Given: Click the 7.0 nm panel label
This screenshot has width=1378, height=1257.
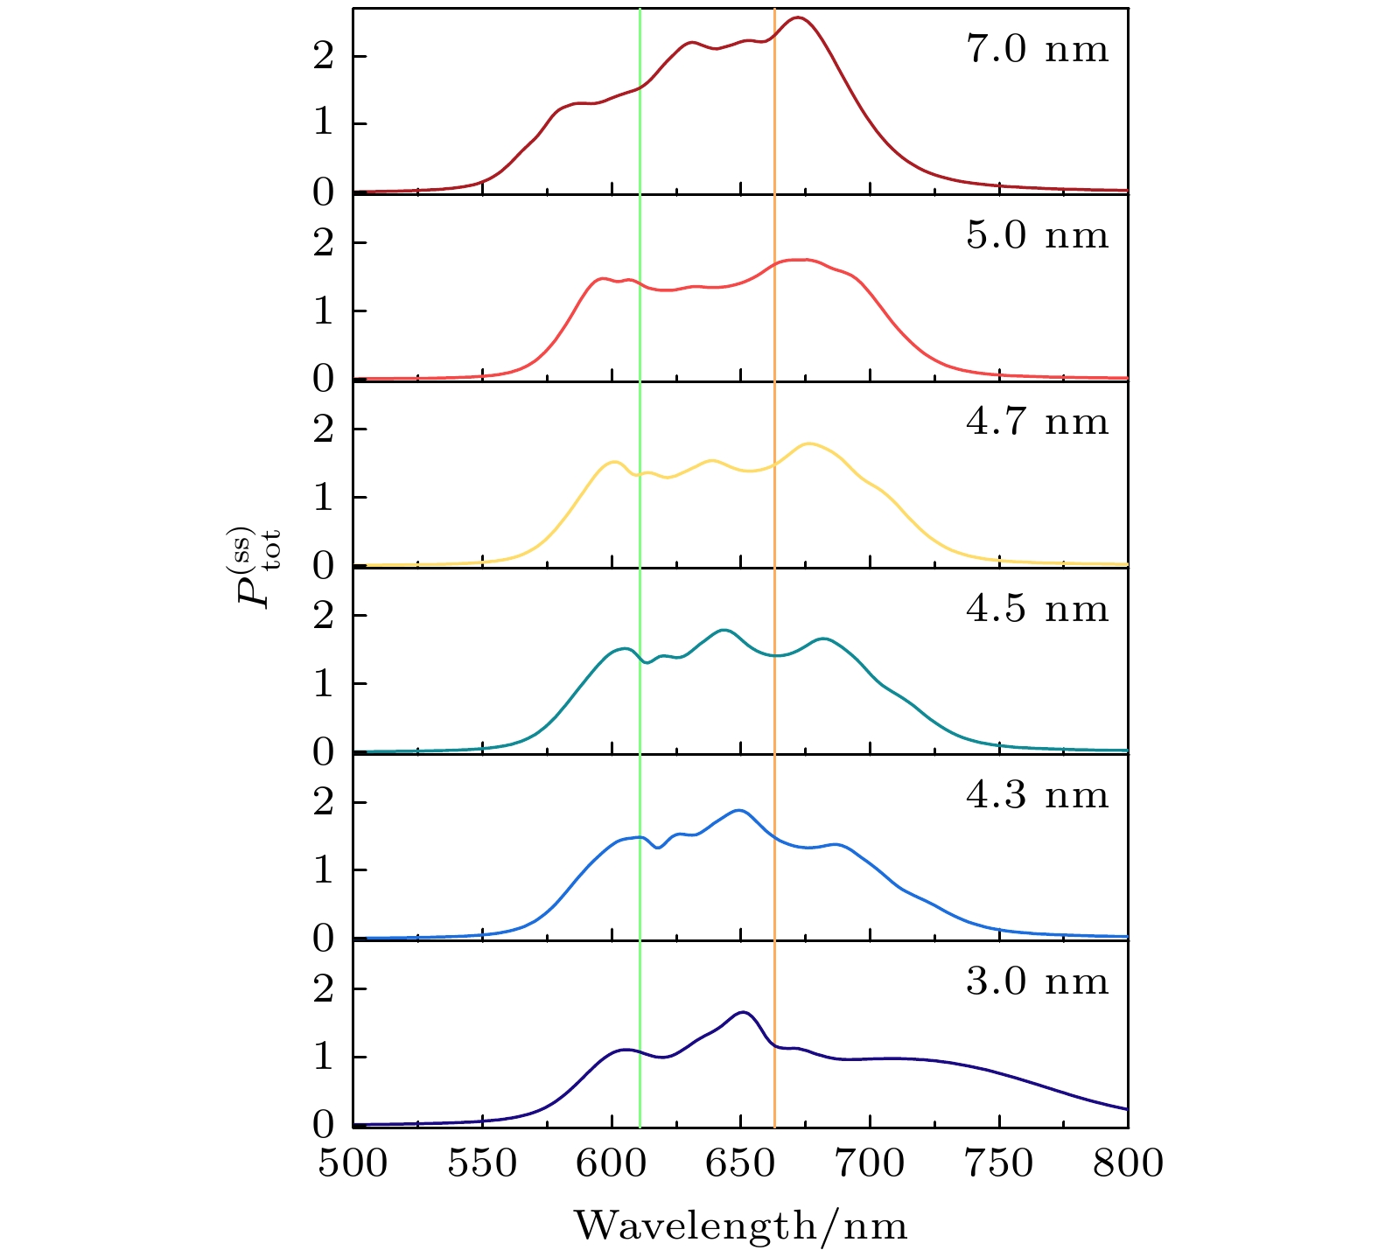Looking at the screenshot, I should pos(1037,50).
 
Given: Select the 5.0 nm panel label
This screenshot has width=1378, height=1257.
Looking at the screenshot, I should pos(1037,236).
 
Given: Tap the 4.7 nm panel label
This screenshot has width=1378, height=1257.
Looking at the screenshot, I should pos(1037,422).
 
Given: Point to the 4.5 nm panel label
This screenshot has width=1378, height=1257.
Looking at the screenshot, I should pos(1037,609).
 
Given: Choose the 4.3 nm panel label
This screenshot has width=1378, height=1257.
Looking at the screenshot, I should pos(1037,796).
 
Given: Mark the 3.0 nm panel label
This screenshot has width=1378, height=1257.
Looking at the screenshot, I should pos(1037,982).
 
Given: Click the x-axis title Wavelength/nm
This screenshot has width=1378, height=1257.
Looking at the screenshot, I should pos(740,1226).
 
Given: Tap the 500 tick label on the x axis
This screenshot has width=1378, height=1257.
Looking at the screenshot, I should pos(353,1164).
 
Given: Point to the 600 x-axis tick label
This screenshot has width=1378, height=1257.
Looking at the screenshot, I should pos(612,1164).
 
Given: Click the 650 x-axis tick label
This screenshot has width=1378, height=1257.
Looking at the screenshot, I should pos(741,1164).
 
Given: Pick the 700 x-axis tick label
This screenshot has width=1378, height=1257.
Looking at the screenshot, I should pos(870,1164).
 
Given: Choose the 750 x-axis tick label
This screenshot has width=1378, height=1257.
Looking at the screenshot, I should pos(999,1164).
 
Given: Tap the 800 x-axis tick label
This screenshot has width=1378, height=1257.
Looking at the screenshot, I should pos(1128,1164).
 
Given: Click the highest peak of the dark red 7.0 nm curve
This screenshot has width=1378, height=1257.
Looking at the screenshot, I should pos(798,17).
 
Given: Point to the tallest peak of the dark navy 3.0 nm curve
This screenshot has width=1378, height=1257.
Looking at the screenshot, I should pos(744,1012).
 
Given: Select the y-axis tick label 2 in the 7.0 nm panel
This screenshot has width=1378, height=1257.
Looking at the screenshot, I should pos(324,57).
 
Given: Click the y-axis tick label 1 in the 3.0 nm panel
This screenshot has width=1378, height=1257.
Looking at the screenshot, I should pos(324,1058).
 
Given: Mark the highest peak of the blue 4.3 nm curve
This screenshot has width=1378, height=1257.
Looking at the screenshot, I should pos(740,810).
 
